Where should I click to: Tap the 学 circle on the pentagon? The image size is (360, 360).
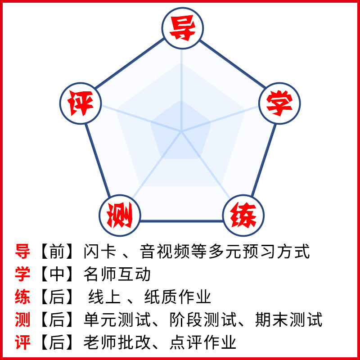(279, 103)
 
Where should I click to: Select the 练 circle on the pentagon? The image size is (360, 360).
(243, 215)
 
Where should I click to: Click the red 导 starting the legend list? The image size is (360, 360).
(22, 252)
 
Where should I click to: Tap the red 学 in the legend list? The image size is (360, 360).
(22, 274)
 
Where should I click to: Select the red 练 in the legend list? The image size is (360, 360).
(22, 297)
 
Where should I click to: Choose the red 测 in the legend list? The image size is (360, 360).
(22, 320)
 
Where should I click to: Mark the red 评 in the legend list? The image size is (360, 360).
(22, 343)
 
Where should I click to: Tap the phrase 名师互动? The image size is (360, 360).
(117, 274)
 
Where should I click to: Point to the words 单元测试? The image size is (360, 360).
(117, 320)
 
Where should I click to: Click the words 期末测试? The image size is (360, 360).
(288, 320)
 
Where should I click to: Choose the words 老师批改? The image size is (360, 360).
(117, 343)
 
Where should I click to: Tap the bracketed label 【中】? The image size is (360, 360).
(57, 274)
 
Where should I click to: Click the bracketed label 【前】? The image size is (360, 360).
(57, 252)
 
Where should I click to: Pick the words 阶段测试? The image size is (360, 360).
(202, 320)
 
